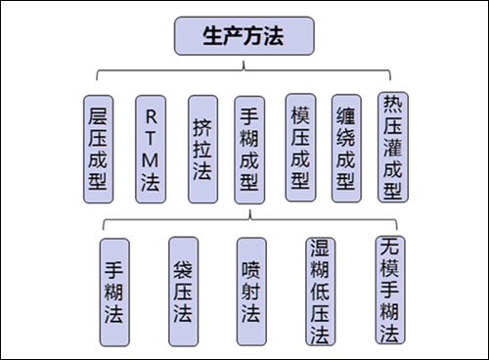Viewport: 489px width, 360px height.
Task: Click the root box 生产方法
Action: (x=244, y=37)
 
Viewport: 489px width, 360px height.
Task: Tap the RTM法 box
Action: (x=150, y=148)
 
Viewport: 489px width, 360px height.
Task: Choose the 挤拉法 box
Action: (x=200, y=148)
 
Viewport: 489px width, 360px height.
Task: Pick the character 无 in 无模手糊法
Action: (x=388, y=246)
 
